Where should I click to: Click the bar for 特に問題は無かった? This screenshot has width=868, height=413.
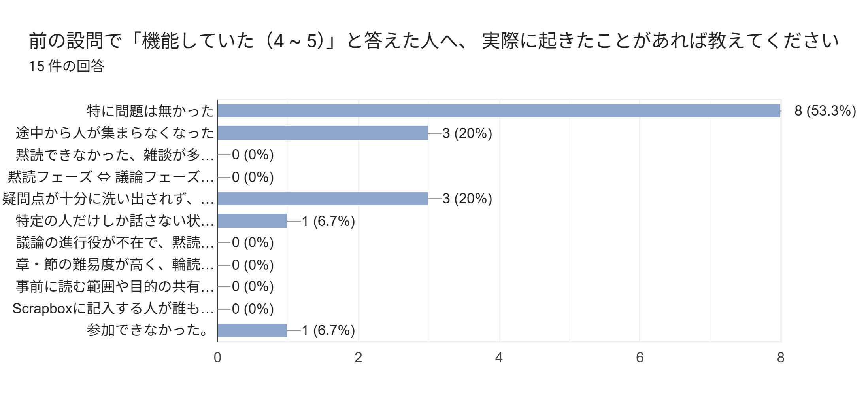[499, 111]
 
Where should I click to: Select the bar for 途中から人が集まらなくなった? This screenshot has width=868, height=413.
[323, 133]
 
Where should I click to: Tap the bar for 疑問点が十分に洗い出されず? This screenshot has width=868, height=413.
[323, 199]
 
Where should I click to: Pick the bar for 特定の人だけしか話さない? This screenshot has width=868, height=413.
[252, 221]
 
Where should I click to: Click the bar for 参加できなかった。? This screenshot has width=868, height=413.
[252, 330]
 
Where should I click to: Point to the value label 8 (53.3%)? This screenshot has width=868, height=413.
[825, 111]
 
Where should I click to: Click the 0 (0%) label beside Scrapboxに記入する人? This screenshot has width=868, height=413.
[253, 309]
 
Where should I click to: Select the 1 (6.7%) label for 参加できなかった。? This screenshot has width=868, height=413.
[328, 330]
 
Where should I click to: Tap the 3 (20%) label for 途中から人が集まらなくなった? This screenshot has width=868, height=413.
[467, 133]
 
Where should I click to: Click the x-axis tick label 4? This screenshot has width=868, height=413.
[499, 358]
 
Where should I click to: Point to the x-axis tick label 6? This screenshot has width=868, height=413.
[640, 358]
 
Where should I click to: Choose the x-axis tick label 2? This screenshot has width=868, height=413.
[358, 358]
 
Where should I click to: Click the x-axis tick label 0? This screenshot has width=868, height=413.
[217, 358]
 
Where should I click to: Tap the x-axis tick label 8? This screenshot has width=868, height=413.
[780, 358]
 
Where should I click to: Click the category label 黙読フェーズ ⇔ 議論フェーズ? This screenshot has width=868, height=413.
[111, 177]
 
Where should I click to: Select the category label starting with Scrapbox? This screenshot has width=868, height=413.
[113, 309]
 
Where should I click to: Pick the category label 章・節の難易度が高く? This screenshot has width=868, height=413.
[115, 265]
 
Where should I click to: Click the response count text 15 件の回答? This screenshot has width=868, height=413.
[66, 66]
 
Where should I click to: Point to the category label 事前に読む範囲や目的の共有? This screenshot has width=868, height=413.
[115, 286]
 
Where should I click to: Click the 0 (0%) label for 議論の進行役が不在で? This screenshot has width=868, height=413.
[253, 242]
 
